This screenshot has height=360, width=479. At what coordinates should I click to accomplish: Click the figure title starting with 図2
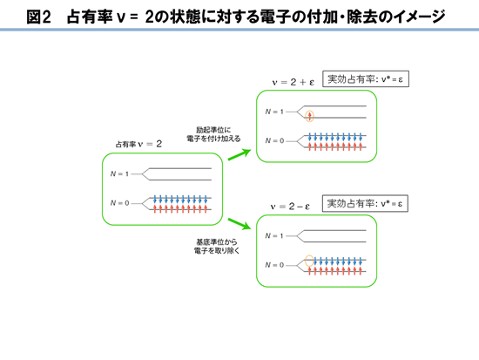(x=236, y=17)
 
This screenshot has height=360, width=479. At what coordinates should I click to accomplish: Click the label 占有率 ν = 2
(x=138, y=144)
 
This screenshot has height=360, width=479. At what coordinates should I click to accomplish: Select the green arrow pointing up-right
(x=239, y=154)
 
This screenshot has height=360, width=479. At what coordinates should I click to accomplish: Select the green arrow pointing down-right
(x=239, y=224)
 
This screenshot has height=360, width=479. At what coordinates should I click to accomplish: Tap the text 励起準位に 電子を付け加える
(x=213, y=134)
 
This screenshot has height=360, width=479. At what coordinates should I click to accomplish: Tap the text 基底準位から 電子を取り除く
(x=217, y=246)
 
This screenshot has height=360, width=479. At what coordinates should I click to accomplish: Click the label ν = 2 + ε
(x=293, y=82)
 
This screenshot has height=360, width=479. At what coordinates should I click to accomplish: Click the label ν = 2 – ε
(x=290, y=207)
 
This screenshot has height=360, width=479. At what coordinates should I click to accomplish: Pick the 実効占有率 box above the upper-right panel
(x=366, y=79)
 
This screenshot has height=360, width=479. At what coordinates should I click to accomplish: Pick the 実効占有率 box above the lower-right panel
(x=365, y=203)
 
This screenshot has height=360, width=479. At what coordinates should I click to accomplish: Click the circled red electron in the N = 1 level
(x=310, y=116)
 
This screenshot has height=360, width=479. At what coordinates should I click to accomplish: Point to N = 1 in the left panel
(x=120, y=174)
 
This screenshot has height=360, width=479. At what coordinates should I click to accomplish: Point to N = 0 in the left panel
(x=120, y=203)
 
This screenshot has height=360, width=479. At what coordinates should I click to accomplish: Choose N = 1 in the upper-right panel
(x=274, y=112)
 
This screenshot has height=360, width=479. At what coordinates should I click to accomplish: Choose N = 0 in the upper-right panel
(x=274, y=140)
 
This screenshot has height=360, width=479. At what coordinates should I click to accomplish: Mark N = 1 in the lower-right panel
(x=274, y=236)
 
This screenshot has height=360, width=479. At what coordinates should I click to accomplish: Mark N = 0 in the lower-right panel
(x=274, y=265)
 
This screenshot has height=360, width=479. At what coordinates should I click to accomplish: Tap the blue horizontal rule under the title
(x=239, y=30)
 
